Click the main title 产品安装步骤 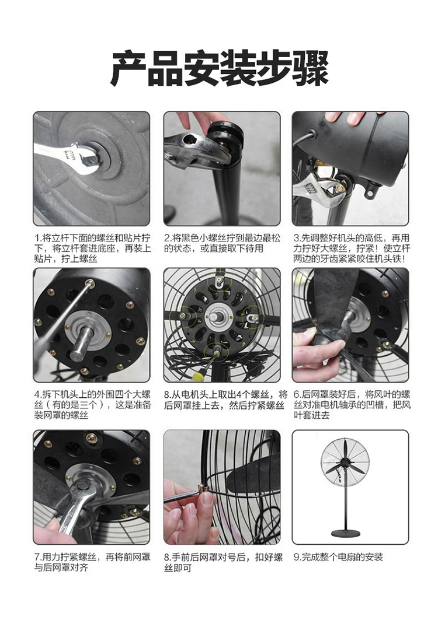click(219, 68)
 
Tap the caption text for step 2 click(223, 243)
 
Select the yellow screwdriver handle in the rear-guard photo click(197, 377)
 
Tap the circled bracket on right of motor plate click(253, 318)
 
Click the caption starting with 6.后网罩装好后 click(352, 404)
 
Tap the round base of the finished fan click(345, 533)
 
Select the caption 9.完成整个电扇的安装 click(338, 557)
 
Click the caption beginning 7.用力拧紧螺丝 click(92, 562)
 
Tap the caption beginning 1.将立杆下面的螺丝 click(92, 248)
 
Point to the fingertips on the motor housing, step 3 click(344, 117)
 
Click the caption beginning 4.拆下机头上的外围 click(92, 404)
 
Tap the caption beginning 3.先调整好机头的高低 click(352, 248)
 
